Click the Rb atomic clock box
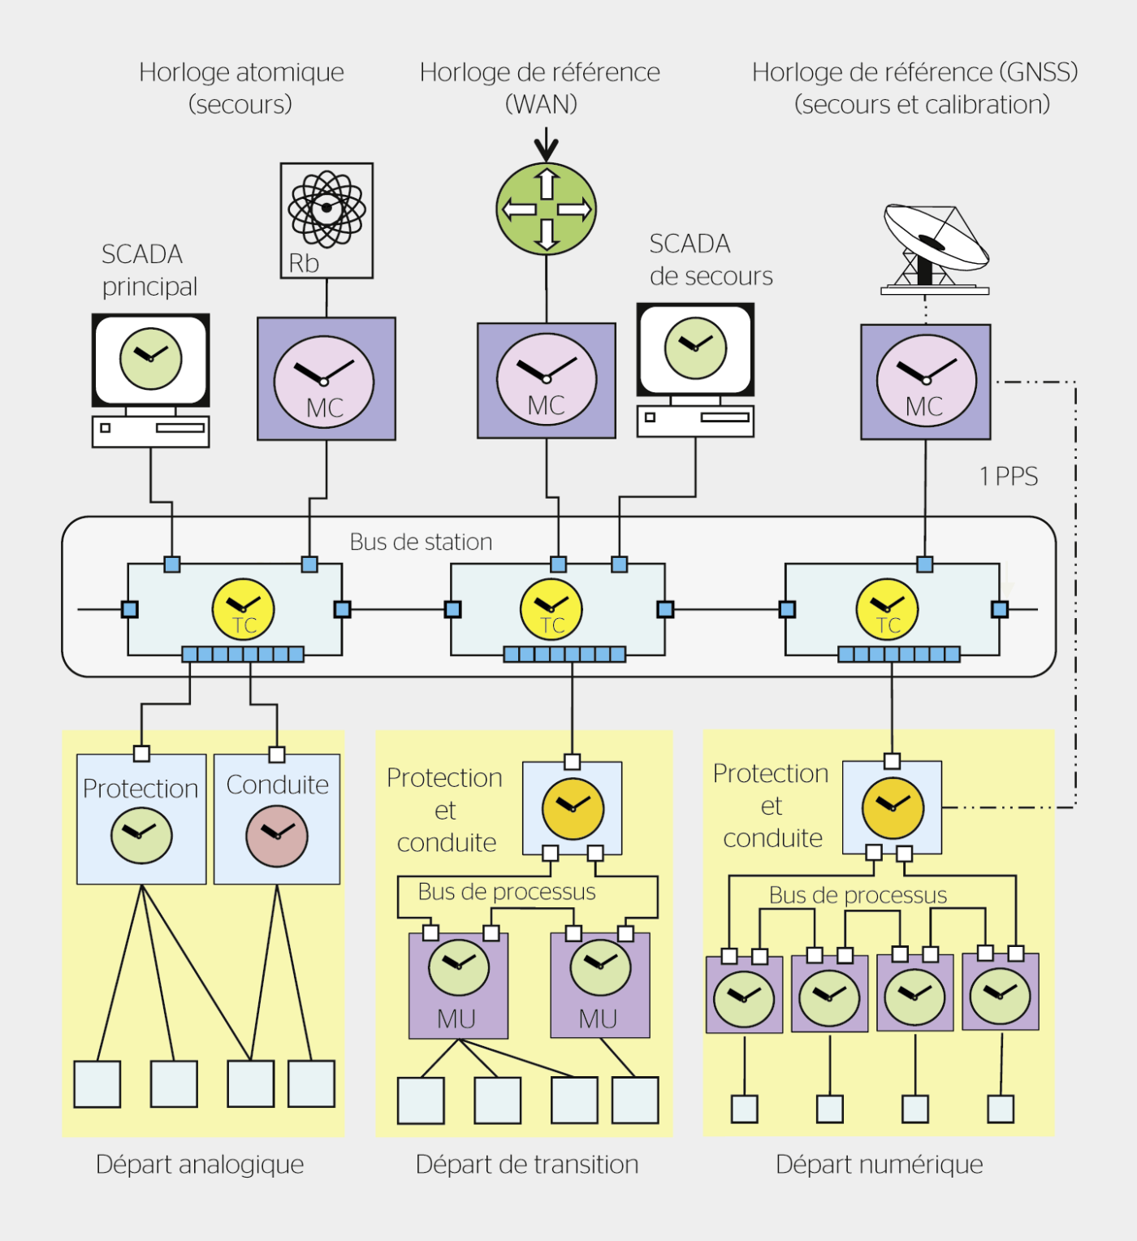click(326, 220)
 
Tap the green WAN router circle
click(547, 209)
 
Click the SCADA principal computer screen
click(151, 360)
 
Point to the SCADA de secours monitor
click(695, 349)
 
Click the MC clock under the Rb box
click(324, 382)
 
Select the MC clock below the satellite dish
click(926, 380)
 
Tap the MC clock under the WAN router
click(547, 379)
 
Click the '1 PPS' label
click(1009, 477)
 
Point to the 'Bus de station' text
click(421, 542)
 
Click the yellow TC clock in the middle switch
click(551, 609)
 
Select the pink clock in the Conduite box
click(277, 836)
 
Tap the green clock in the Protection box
click(141, 835)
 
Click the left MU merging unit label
click(456, 1019)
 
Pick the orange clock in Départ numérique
click(893, 808)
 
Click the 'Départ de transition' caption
click(527, 1165)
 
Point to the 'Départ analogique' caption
click(200, 1165)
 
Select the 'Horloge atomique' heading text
click(241, 72)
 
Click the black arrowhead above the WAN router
click(547, 149)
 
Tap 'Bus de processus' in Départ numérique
click(858, 895)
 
